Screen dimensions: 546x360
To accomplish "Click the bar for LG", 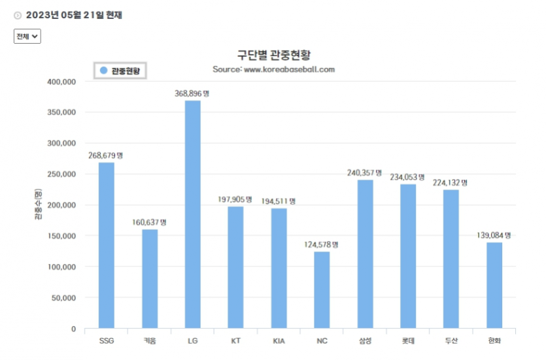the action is (192, 214).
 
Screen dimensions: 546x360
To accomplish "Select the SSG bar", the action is (106, 245).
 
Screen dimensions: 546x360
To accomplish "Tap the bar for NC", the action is (322, 289).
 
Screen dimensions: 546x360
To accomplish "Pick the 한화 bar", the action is (494, 286).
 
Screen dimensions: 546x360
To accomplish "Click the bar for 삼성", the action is (365, 254).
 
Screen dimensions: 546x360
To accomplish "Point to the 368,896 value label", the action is (192, 93).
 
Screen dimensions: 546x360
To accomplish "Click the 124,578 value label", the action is (321, 244).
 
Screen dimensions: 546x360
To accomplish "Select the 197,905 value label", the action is (235, 199).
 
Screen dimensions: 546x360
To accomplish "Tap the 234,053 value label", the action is (407, 177).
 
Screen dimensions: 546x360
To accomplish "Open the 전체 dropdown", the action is (27, 36).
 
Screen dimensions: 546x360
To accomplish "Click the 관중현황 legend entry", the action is (120, 71).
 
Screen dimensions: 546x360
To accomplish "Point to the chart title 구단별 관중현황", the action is (274, 55).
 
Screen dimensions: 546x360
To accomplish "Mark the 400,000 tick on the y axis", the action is (61, 82).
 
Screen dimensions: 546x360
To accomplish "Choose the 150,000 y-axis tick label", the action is (61, 236).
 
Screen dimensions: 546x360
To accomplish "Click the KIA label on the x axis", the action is (279, 341).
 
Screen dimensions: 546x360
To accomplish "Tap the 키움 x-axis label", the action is (150, 341).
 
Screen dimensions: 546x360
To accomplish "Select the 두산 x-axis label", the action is (451, 341).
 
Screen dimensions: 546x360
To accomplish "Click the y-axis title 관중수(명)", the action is (38, 204).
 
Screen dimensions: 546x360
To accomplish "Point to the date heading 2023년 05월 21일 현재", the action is (74, 15).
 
